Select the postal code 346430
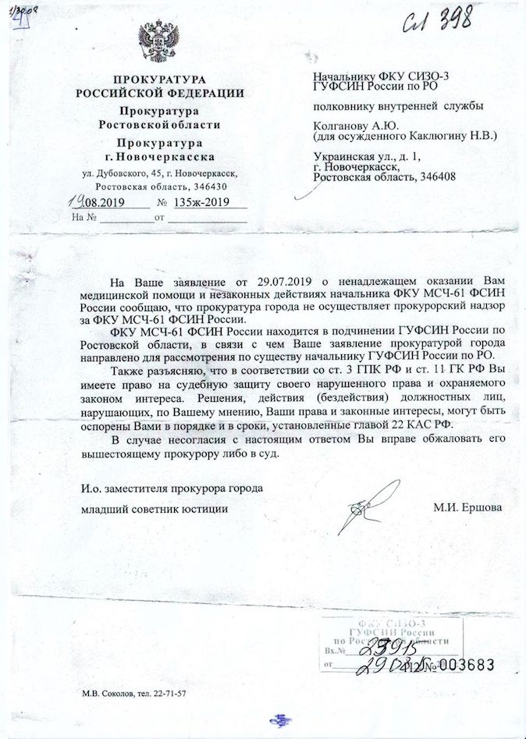coord(208,187)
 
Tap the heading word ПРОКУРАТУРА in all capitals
coord(159,81)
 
